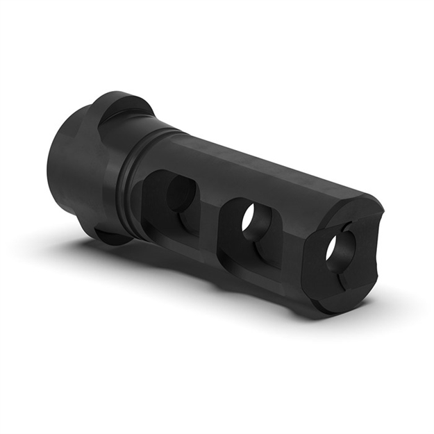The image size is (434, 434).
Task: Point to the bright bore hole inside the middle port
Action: [x=249, y=219]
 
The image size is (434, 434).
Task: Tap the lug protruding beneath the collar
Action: [x=111, y=236]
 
